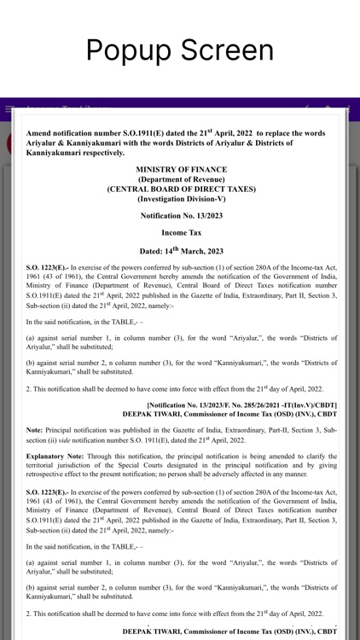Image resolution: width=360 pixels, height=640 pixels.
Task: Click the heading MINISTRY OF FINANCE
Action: click(181, 170)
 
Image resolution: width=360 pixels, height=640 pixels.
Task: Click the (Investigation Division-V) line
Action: click(181, 198)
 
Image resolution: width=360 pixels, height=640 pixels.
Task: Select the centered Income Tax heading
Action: click(181, 232)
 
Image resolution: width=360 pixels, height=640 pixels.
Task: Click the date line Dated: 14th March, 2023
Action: click(181, 251)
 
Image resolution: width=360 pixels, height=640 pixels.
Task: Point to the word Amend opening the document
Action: click(40, 134)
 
